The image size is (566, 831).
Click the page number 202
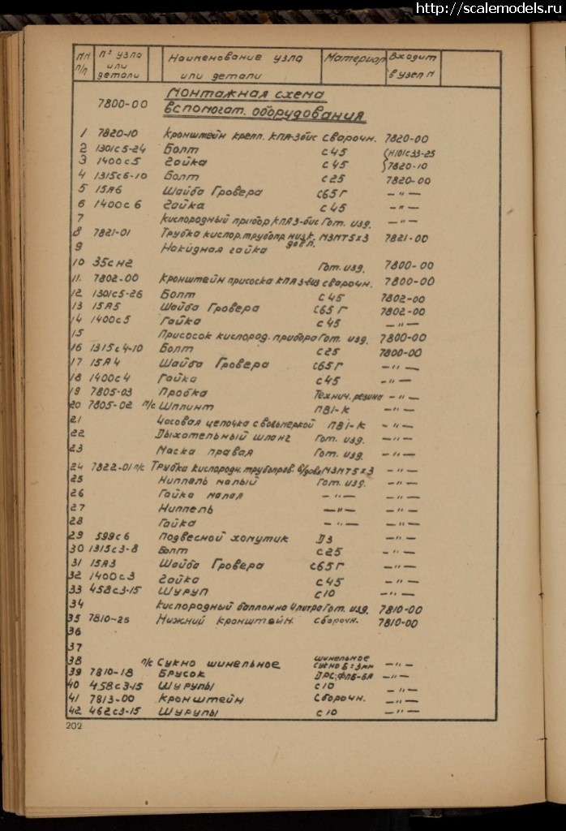75,726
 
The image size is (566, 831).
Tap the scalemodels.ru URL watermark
489,9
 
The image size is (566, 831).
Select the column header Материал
354,58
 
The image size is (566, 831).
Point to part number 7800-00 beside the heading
122,104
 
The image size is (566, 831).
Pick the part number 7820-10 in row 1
118,133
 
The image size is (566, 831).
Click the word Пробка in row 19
184,392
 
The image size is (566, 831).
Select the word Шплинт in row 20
189,406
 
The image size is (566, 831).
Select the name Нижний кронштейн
224,620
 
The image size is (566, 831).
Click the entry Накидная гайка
203,248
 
